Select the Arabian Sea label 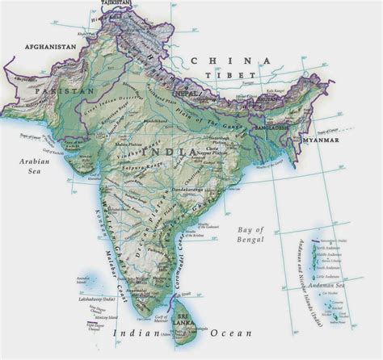point(33,165)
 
